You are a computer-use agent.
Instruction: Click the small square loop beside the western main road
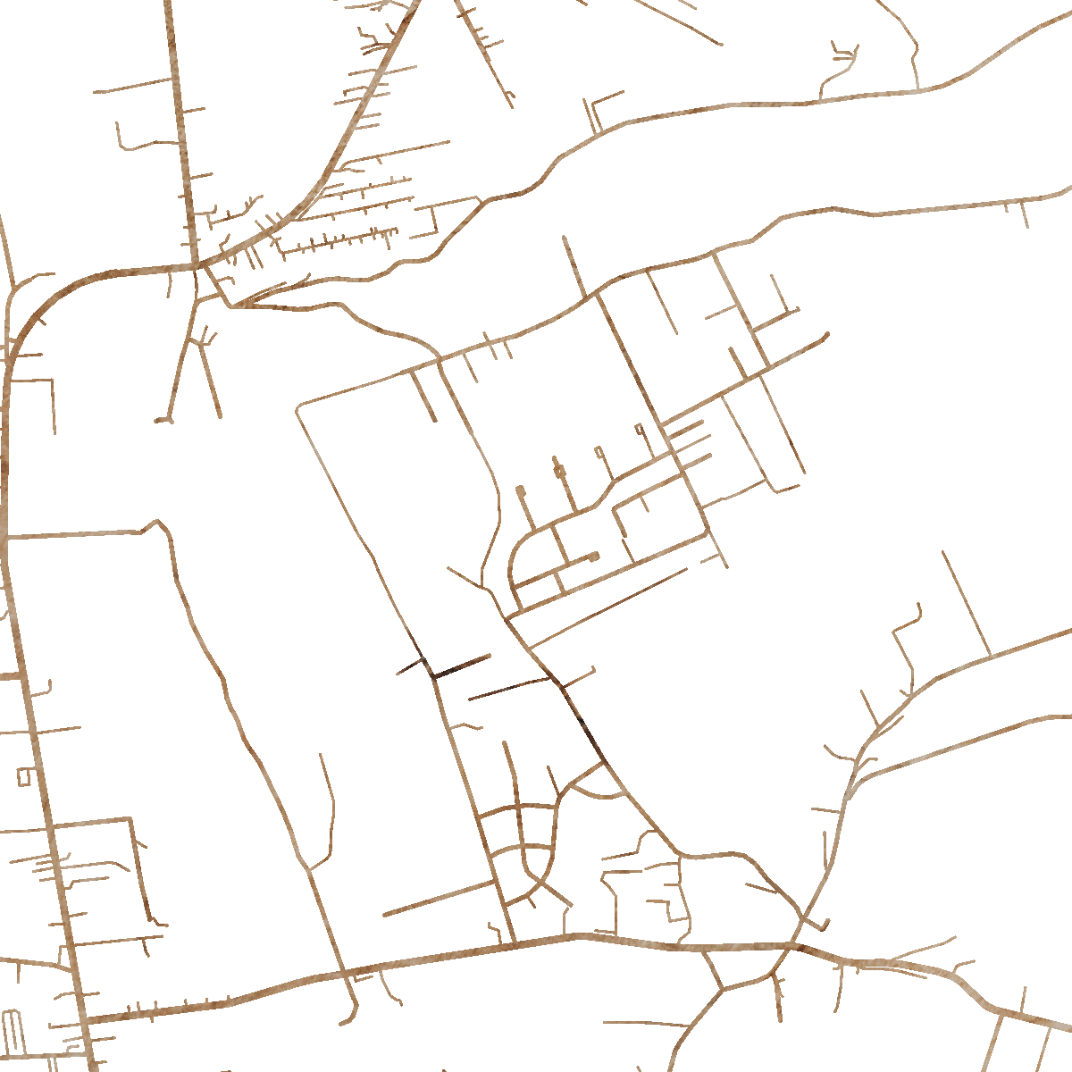pyautogui.click(x=23, y=776)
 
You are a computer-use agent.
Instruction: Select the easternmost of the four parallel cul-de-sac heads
pyautogui.click(x=639, y=429)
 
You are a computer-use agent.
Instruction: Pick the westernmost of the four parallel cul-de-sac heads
pyautogui.click(x=520, y=490)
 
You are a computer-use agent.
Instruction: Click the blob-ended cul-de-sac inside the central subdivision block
pyautogui.click(x=594, y=557)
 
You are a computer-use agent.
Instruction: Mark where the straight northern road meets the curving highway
pyautogui.click(x=195, y=265)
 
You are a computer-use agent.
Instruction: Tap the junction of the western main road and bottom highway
pyautogui.click(x=85, y=1018)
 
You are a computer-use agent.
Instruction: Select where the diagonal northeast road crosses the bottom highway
pyautogui.click(x=792, y=944)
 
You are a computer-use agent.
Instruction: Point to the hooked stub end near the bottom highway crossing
pyautogui.click(x=826, y=924)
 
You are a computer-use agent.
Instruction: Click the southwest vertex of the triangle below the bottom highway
pyautogui.click(x=722, y=989)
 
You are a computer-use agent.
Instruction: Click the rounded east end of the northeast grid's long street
pyautogui.click(x=825, y=335)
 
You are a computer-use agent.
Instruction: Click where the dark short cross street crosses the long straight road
pyautogui.click(x=432, y=672)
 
